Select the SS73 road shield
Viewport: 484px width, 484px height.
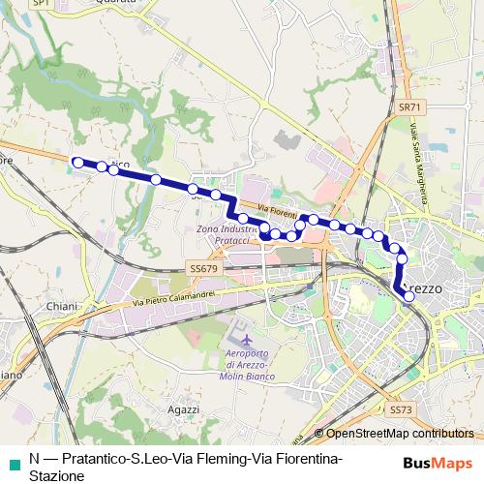400,410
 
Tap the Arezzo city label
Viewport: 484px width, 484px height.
423,289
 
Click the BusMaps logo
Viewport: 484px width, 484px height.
444,462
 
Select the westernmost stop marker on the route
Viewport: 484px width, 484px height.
78,163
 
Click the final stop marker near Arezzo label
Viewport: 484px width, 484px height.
408,297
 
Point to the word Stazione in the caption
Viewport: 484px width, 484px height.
55,475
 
